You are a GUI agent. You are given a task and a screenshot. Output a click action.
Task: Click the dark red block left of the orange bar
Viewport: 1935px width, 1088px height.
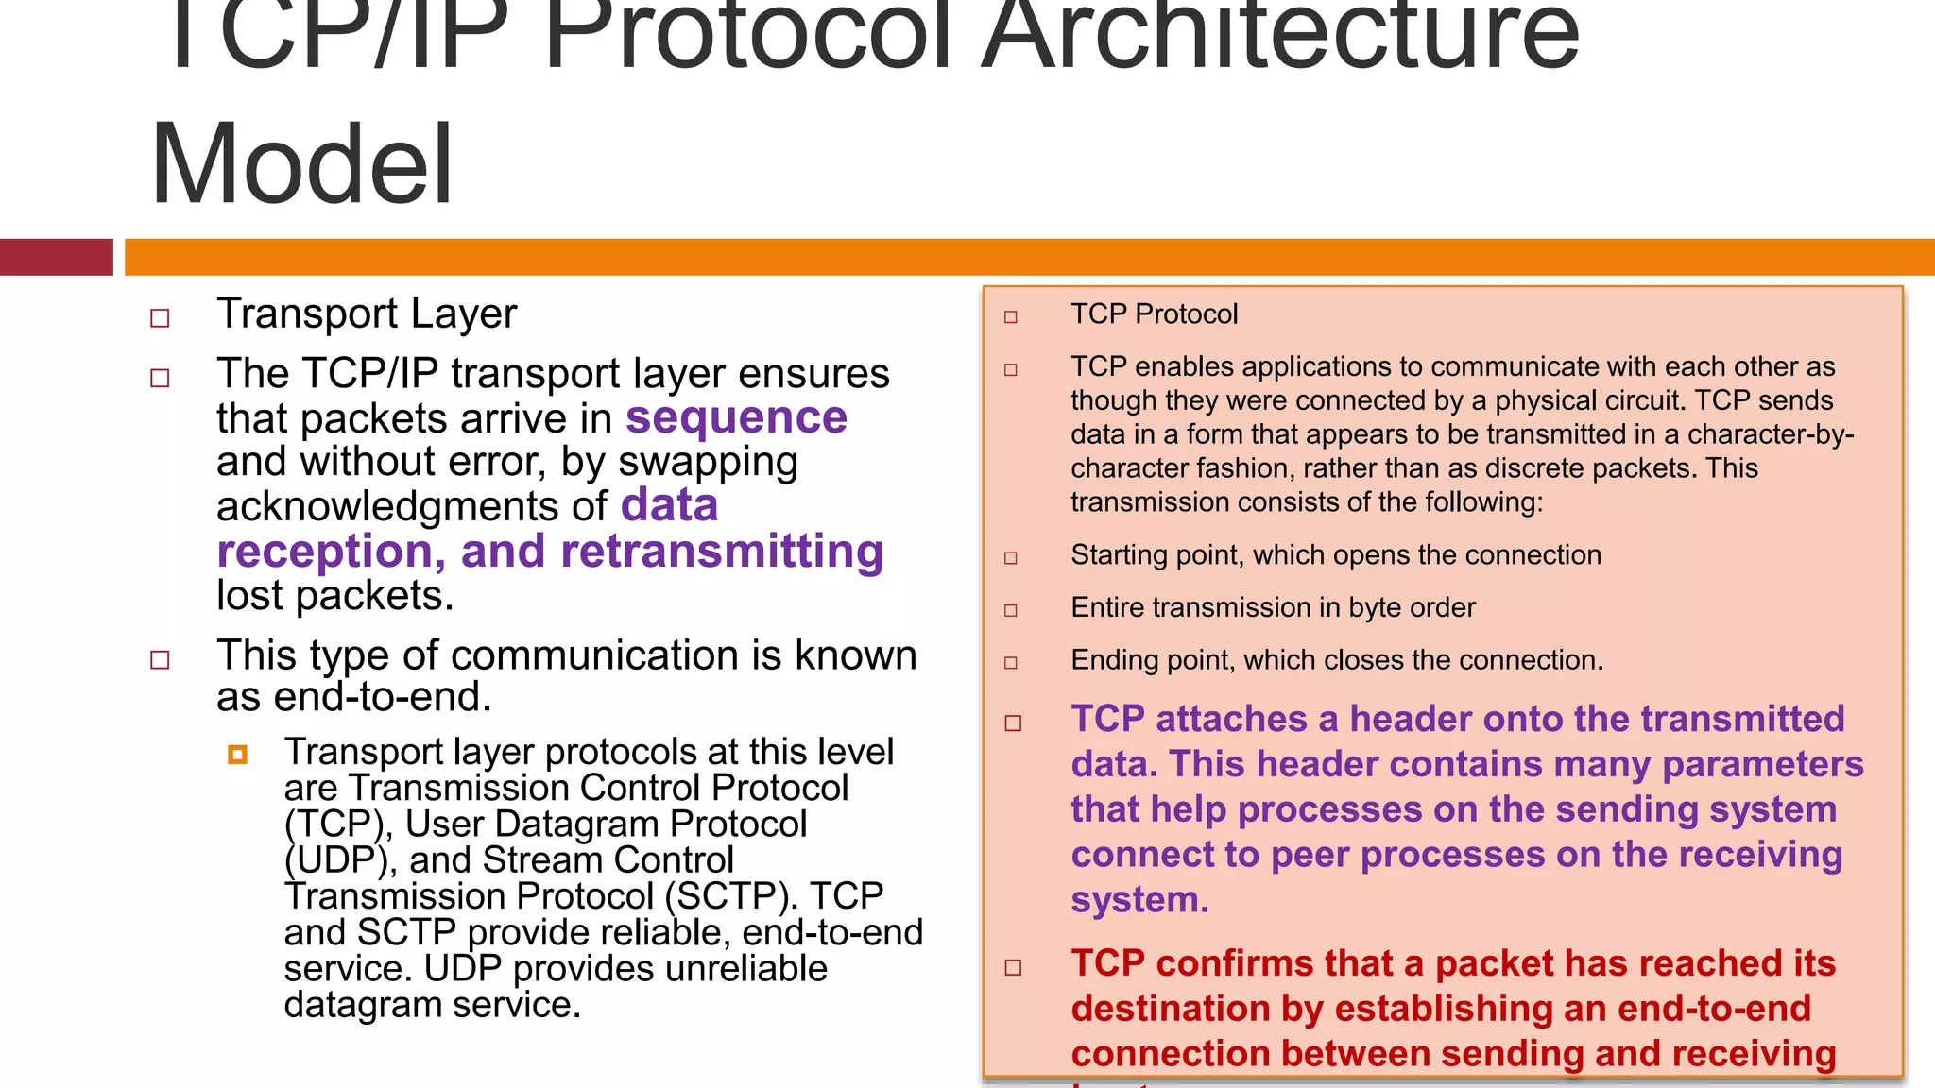(x=56, y=257)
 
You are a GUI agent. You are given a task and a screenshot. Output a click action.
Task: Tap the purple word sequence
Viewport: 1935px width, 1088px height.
(x=736, y=417)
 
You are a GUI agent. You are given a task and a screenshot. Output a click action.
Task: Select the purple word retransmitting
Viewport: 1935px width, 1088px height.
(x=721, y=552)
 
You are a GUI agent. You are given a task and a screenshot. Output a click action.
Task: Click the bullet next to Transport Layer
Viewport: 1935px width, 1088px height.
(x=160, y=318)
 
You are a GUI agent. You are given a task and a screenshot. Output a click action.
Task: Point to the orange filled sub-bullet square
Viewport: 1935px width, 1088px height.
(x=237, y=754)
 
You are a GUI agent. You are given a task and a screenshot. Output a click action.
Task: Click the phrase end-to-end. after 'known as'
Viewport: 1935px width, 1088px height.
(x=383, y=697)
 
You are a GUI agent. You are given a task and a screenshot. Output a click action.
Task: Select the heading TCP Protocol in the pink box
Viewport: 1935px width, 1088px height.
(x=1154, y=314)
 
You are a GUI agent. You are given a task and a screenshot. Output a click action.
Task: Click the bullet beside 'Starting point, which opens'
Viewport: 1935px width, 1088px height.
(x=1010, y=558)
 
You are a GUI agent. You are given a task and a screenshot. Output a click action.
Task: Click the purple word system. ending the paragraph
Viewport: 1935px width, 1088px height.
(x=1139, y=900)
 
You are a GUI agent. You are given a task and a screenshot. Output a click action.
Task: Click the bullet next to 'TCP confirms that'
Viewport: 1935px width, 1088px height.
(x=1013, y=967)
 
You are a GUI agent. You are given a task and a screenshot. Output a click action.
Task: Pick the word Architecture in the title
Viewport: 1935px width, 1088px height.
(x=1279, y=38)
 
